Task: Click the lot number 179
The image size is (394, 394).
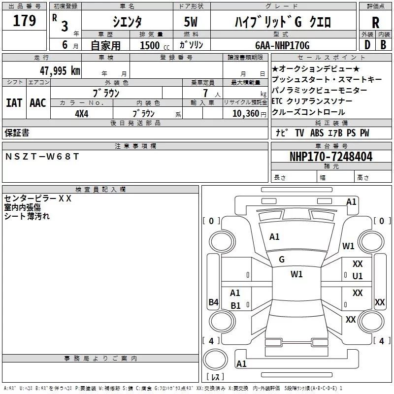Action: coord(24,20)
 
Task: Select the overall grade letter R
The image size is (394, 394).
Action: coord(375,23)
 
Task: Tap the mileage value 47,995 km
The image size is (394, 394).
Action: coord(60,71)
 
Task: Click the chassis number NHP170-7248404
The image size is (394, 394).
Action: coord(331,157)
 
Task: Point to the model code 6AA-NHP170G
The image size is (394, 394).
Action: coord(282,45)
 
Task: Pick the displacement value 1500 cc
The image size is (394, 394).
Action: coord(155,45)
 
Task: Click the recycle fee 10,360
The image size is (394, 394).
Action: coord(246,114)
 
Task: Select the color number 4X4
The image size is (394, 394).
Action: coord(82,114)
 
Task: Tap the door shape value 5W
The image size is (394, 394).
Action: coord(191,22)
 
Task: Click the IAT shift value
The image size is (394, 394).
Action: coord(14,103)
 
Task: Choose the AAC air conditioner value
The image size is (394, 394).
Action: coord(38,103)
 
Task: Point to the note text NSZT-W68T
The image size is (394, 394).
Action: coord(42,157)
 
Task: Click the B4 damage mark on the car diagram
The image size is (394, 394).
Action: coord(213,302)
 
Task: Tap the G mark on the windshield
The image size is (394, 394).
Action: coord(282,260)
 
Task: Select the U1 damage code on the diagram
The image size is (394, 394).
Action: coord(358,276)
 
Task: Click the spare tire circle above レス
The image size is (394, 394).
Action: coord(215,359)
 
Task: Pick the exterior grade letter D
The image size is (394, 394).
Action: coord(367,45)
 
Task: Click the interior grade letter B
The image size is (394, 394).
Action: coord(383,45)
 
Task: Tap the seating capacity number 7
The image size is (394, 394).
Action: coord(205,93)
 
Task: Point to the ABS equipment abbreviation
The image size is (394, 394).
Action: coord(317,133)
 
